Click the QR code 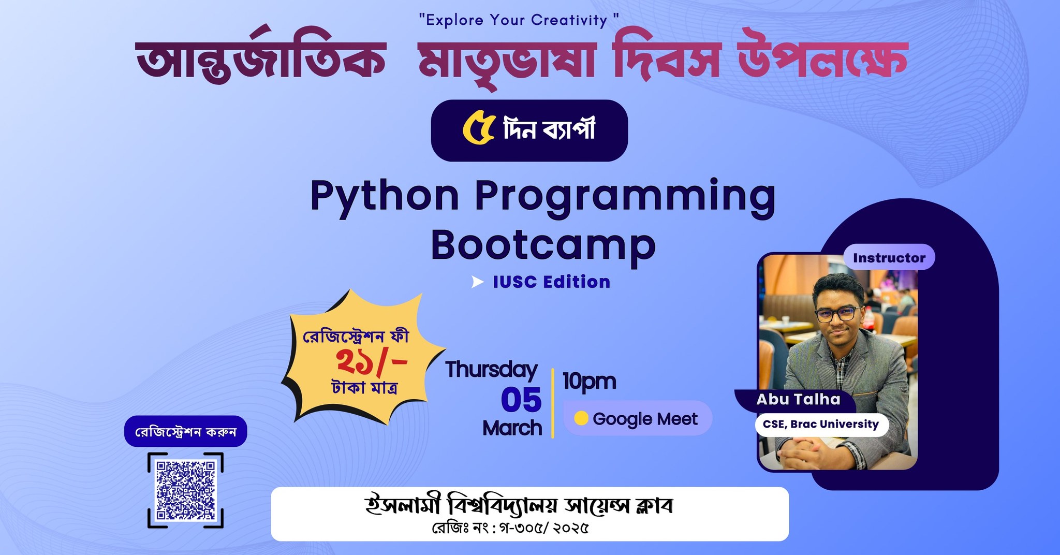click(185, 490)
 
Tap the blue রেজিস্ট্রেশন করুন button click(185, 431)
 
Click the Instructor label click(889, 257)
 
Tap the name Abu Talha click(798, 399)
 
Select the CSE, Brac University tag click(821, 425)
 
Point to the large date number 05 click(521, 400)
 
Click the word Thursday click(492, 370)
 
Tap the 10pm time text click(589, 382)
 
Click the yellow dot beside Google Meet click(581, 418)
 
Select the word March click(512, 428)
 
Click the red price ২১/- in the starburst click(372, 361)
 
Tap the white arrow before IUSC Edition click(478, 282)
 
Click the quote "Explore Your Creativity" click(519, 20)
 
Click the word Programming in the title click(625, 198)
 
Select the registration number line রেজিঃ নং click(510, 528)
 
